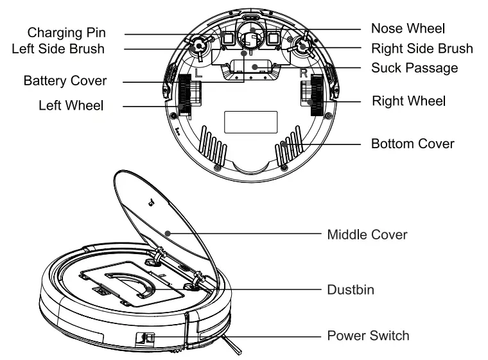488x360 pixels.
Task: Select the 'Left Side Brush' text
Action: pyautogui.click(x=58, y=49)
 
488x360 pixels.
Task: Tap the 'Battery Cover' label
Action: pyautogui.click(x=65, y=81)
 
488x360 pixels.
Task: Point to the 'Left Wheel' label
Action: pyautogui.click(x=71, y=105)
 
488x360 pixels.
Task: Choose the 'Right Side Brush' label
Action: pyautogui.click(x=422, y=48)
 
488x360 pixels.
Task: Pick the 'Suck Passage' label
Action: pyautogui.click(x=414, y=67)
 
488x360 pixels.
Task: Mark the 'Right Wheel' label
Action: pyautogui.click(x=410, y=101)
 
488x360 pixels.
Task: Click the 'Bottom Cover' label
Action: pyautogui.click(x=412, y=143)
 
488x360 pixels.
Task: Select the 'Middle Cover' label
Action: pyautogui.click(x=367, y=234)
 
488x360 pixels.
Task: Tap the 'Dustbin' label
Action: pyautogui.click(x=351, y=290)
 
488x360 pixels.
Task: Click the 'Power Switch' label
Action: pyautogui.click(x=368, y=335)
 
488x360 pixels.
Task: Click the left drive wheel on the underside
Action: pyautogui.click(x=186, y=94)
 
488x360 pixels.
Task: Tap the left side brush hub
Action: pyautogui.click(x=198, y=46)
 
